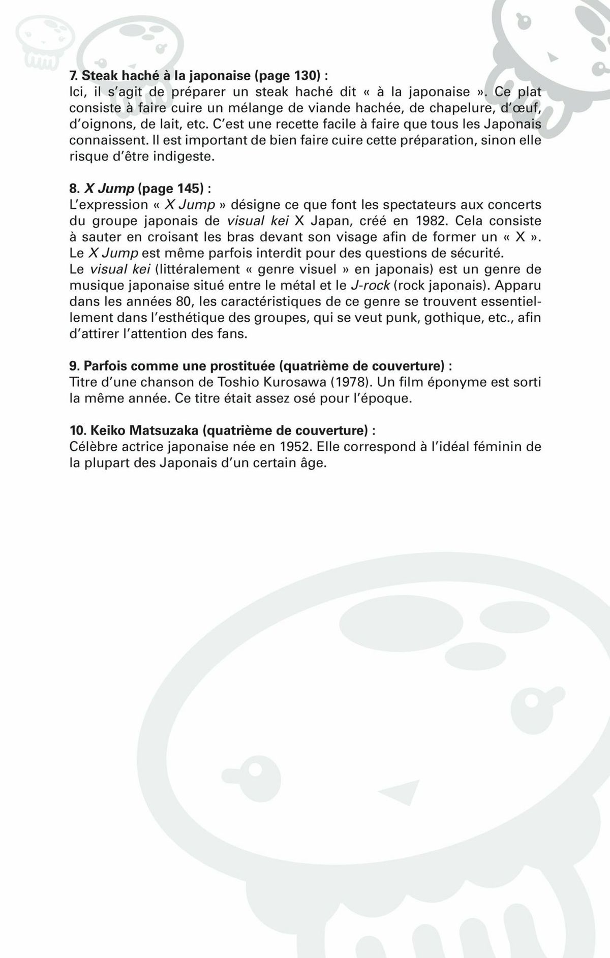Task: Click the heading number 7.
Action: [x=73, y=76]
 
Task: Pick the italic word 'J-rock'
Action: [x=370, y=285]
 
